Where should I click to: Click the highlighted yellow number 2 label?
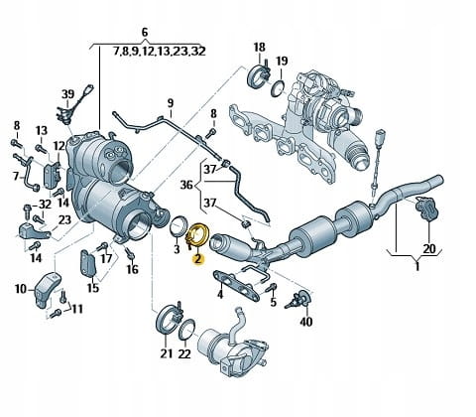click(x=198, y=259)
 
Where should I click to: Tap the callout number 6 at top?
click(x=145, y=33)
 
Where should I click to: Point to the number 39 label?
click(x=68, y=94)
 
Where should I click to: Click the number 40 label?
click(x=305, y=321)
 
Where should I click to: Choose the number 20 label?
click(x=429, y=248)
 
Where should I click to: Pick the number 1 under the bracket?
click(x=416, y=266)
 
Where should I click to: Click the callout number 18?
click(x=260, y=48)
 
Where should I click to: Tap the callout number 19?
click(x=282, y=61)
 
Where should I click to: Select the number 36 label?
click(x=186, y=185)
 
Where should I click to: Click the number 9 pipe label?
click(x=170, y=103)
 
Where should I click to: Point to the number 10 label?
click(x=21, y=289)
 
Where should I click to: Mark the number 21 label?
click(x=167, y=353)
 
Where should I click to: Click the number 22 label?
click(x=184, y=353)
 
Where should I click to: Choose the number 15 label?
click(x=93, y=288)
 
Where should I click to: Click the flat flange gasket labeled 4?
click(x=235, y=285)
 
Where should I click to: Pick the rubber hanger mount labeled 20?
click(x=426, y=208)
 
